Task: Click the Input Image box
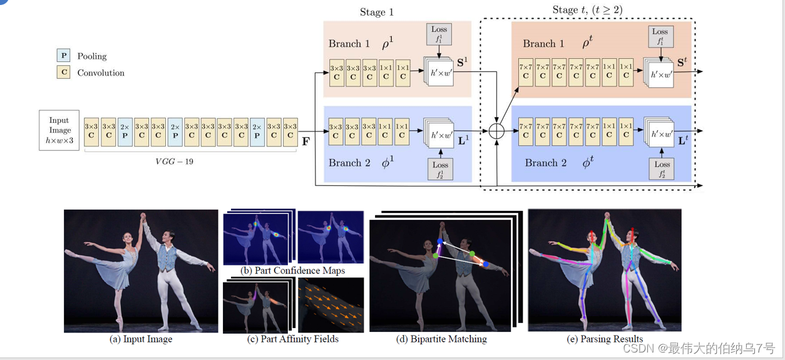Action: pos(59,130)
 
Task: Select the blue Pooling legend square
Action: pos(63,56)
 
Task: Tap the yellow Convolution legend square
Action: pos(63,73)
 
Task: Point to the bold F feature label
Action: pos(305,141)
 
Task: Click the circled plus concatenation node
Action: pos(496,132)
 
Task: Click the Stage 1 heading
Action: pos(377,12)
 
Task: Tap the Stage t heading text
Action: pos(587,9)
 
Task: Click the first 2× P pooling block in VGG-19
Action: pos(125,130)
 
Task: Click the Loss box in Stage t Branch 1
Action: pos(660,37)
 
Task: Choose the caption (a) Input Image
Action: pos(141,339)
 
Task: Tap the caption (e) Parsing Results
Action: pos(604,339)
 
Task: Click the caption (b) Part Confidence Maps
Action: pos(293,270)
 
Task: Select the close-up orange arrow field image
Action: pos(331,306)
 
